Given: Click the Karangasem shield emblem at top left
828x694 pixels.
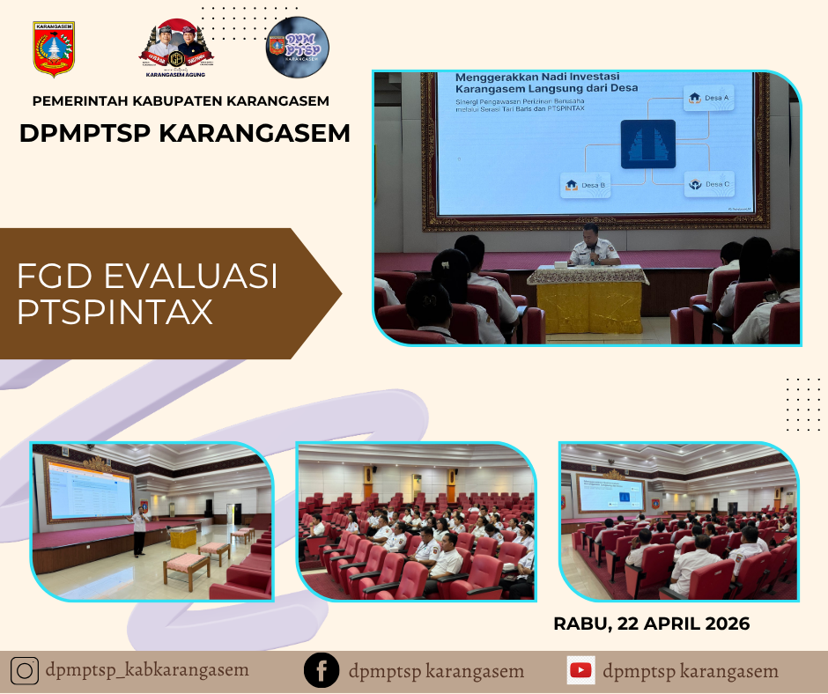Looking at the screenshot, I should coord(54,49).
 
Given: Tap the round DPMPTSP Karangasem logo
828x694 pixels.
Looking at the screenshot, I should coord(298,48).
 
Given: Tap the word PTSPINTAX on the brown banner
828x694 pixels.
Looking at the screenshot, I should coord(115,313).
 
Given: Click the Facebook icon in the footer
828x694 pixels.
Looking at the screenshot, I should coord(322,671).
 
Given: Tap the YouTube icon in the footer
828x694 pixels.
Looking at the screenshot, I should coord(580,671).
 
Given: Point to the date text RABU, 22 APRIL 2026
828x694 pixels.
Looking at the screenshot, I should coord(651,624).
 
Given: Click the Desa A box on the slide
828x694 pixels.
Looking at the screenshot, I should coord(709,98).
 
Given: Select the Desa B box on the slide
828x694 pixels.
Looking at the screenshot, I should coord(585,185).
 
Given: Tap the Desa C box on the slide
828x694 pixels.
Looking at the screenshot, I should coord(710,184).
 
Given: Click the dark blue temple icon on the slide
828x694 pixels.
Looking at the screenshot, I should coord(647,144).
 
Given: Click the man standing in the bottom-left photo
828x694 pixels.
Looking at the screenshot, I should coord(138,530).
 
